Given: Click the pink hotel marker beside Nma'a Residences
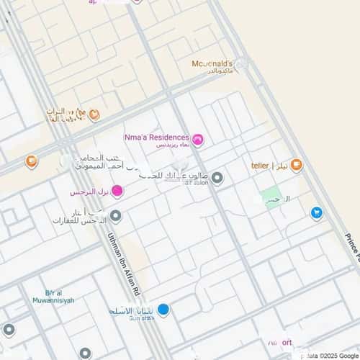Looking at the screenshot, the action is point(197,139).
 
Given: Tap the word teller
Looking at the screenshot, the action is point(260,166).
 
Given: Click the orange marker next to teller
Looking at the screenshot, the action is point(297,166).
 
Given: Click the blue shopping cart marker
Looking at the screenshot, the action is point(316,213).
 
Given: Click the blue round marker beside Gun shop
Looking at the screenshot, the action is point(163,310).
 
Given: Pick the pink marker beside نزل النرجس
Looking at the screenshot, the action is point(117,191).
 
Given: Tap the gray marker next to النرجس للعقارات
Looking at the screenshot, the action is point(115,215).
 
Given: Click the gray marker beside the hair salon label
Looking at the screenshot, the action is point(217,177).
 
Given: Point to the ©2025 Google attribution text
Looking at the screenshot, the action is point(338,355).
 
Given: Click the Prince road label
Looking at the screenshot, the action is point(351,245).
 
